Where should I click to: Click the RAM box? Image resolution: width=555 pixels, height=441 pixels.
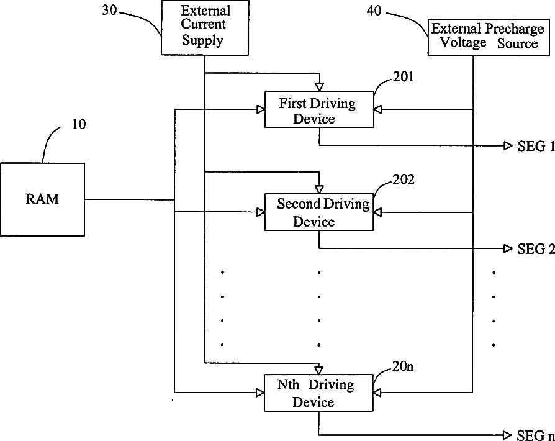[42, 199]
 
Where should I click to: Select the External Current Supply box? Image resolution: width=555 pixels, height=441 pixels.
[205, 27]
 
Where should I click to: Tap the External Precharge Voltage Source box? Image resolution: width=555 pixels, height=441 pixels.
[489, 37]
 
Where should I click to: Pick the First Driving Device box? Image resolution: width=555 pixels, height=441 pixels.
[319, 109]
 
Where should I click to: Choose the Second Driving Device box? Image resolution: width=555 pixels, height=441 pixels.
[319, 212]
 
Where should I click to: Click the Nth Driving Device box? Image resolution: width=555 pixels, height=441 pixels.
[318, 393]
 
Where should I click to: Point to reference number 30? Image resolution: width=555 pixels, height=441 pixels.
[109, 11]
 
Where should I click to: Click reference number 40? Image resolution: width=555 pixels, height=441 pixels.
[374, 11]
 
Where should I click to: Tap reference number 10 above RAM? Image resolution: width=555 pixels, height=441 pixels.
[79, 124]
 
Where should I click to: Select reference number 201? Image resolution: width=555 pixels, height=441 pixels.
[404, 77]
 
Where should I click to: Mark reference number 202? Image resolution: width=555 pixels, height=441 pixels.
[404, 180]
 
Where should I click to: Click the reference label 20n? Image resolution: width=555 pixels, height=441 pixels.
[403, 366]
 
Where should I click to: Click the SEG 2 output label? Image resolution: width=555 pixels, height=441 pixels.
[536, 249]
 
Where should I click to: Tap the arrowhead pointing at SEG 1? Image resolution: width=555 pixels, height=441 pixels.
[508, 145]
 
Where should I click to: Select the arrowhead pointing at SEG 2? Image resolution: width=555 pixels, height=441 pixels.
[508, 248]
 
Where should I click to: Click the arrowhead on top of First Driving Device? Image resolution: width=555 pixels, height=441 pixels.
[320, 87]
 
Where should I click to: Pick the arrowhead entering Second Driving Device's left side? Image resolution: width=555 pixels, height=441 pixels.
[261, 212]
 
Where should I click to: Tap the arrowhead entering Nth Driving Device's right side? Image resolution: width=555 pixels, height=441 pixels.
[377, 393]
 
